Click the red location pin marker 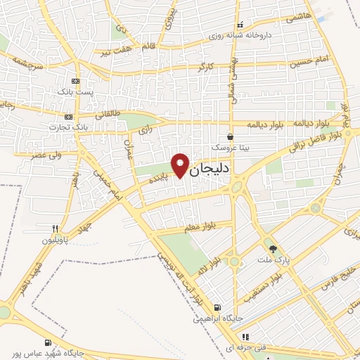pyautogui.click(x=181, y=165)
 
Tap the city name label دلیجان pyautogui.click(x=211, y=169)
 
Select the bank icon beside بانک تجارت pyautogui.click(x=69, y=117)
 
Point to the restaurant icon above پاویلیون pyautogui.click(x=54, y=229)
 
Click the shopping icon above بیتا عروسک pyautogui.click(x=230, y=137)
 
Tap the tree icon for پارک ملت pyautogui.click(x=272, y=248)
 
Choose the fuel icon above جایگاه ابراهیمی pyautogui.click(x=217, y=307)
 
